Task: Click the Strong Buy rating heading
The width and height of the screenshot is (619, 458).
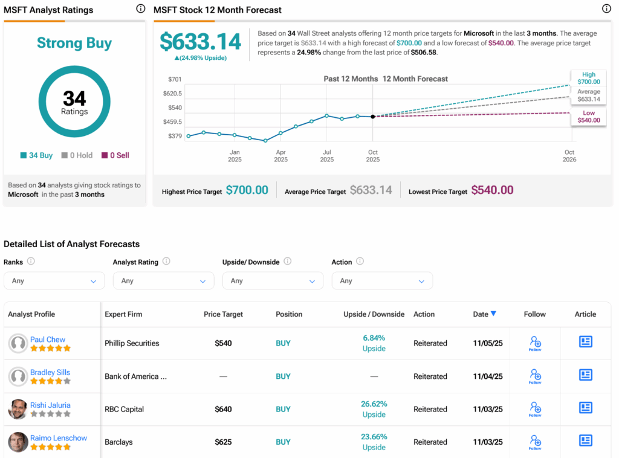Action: click(x=74, y=44)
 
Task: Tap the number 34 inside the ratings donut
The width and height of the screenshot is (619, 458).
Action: click(x=74, y=98)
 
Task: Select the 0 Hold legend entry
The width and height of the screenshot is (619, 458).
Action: click(x=77, y=155)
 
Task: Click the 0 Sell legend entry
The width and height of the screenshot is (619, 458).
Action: click(x=115, y=155)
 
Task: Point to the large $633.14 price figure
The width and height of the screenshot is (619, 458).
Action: click(x=200, y=42)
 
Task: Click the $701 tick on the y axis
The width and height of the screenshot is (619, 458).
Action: click(x=174, y=79)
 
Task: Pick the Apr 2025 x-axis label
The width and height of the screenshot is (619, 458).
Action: click(x=280, y=156)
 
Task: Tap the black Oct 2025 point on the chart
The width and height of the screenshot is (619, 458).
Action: click(x=372, y=117)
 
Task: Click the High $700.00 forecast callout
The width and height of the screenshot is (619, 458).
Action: click(x=588, y=78)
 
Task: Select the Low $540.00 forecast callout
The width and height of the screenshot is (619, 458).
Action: click(x=588, y=117)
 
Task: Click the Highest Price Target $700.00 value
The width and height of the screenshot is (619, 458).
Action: click(x=247, y=190)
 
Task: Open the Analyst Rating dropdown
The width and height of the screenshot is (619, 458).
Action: click(x=163, y=281)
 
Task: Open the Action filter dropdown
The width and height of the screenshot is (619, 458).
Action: click(x=382, y=281)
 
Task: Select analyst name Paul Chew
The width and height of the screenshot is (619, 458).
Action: click(x=48, y=340)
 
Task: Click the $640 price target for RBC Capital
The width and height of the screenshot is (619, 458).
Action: click(x=223, y=409)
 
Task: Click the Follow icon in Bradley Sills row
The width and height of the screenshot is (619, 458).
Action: click(x=535, y=376)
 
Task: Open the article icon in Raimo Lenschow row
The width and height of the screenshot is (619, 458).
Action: click(x=585, y=440)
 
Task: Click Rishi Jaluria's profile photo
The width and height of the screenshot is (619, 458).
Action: click(x=18, y=409)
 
